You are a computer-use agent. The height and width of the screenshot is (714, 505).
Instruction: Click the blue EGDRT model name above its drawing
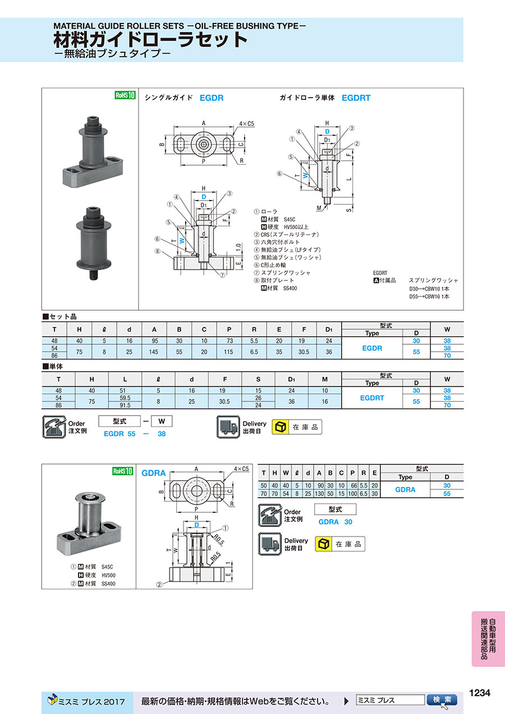coord(356,98)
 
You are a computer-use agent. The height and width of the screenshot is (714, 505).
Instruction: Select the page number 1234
coord(480,692)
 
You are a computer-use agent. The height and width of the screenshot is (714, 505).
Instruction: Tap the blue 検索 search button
coord(442,699)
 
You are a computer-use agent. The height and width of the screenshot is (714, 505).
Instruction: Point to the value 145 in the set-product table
coord(154,352)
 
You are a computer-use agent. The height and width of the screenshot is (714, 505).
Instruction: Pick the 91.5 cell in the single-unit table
coord(125,405)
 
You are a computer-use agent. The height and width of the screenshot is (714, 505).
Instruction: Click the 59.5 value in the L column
coord(125,398)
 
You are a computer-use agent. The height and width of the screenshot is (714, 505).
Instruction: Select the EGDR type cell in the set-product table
coord(372,348)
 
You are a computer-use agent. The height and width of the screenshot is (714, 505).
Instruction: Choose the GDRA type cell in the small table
coord(405,490)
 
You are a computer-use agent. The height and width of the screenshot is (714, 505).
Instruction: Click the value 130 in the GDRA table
coord(319,494)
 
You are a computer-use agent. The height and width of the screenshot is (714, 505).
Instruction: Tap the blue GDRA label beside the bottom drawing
coord(154,473)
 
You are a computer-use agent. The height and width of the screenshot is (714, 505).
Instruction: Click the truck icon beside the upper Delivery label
coord(228,427)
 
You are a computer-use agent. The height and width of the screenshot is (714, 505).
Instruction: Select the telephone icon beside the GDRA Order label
coord(270,515)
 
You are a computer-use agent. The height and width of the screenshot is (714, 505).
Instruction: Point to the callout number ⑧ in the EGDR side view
coord(157,251)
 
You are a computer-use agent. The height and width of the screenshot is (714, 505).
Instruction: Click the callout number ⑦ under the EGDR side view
coord(222,275)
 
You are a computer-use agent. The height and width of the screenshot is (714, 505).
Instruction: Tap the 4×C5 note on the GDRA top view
coord(241,469)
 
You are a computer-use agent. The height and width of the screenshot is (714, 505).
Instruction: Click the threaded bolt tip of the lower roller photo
coord(93,275)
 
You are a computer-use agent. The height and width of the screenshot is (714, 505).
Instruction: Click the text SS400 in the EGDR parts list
coord(290,288)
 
